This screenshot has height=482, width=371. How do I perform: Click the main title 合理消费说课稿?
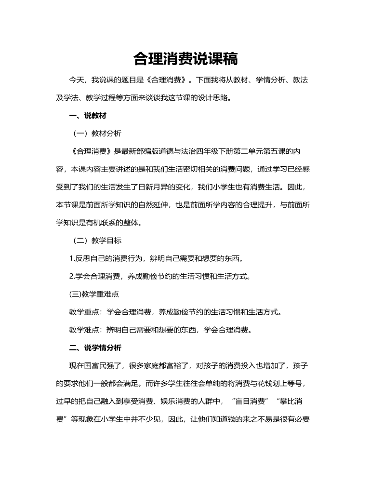pos(185,59)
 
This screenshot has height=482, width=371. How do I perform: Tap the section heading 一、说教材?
pos(88,116)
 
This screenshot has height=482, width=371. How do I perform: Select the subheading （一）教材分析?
pos(93,134)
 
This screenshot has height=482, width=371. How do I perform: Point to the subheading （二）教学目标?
pos(93,241)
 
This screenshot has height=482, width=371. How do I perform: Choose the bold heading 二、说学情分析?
pos(95,348)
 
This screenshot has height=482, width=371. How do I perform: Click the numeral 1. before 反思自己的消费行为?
pos(72,258)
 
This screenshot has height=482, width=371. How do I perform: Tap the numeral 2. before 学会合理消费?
pos(72,276)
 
